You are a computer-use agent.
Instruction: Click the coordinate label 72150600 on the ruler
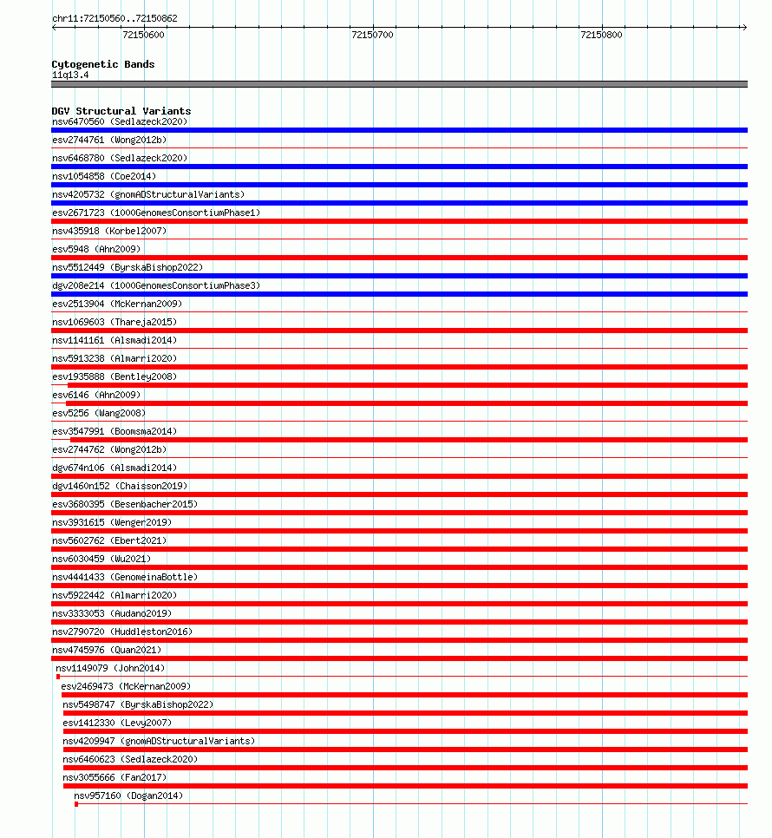[x=143, y=36]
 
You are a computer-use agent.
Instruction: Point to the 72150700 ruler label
[x=372, y=36]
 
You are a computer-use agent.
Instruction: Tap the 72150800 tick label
[x=601, y=36]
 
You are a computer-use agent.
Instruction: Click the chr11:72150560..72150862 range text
[x=114, y=18]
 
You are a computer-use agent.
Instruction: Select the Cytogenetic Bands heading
[x=103, y=64]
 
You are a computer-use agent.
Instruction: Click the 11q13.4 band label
[x=70, y=75]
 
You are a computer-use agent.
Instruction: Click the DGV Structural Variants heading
[x=121, y=111]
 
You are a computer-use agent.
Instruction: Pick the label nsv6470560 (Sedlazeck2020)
[x=120, y=121]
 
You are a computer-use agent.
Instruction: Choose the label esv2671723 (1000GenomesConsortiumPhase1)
[x=156, y=213]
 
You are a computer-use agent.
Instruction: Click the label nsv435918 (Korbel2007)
[x=109, y=231]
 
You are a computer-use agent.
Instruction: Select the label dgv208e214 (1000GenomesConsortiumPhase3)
[x=156, y=285]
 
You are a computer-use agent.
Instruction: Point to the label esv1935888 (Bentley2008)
[x=114, y=376]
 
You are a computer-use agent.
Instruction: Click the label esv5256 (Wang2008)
[x=99, y=413]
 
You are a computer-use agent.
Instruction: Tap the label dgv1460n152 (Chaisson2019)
[x=120, y=486]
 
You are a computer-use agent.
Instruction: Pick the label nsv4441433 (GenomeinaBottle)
[x=125, y=577]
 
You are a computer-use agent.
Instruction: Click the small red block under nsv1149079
[x=58, y=677]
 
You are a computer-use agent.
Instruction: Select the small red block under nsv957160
[x=76, y=804]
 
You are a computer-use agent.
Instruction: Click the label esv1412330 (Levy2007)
[x=117, y=723]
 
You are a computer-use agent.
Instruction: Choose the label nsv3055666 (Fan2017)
[x=114, y=777]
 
